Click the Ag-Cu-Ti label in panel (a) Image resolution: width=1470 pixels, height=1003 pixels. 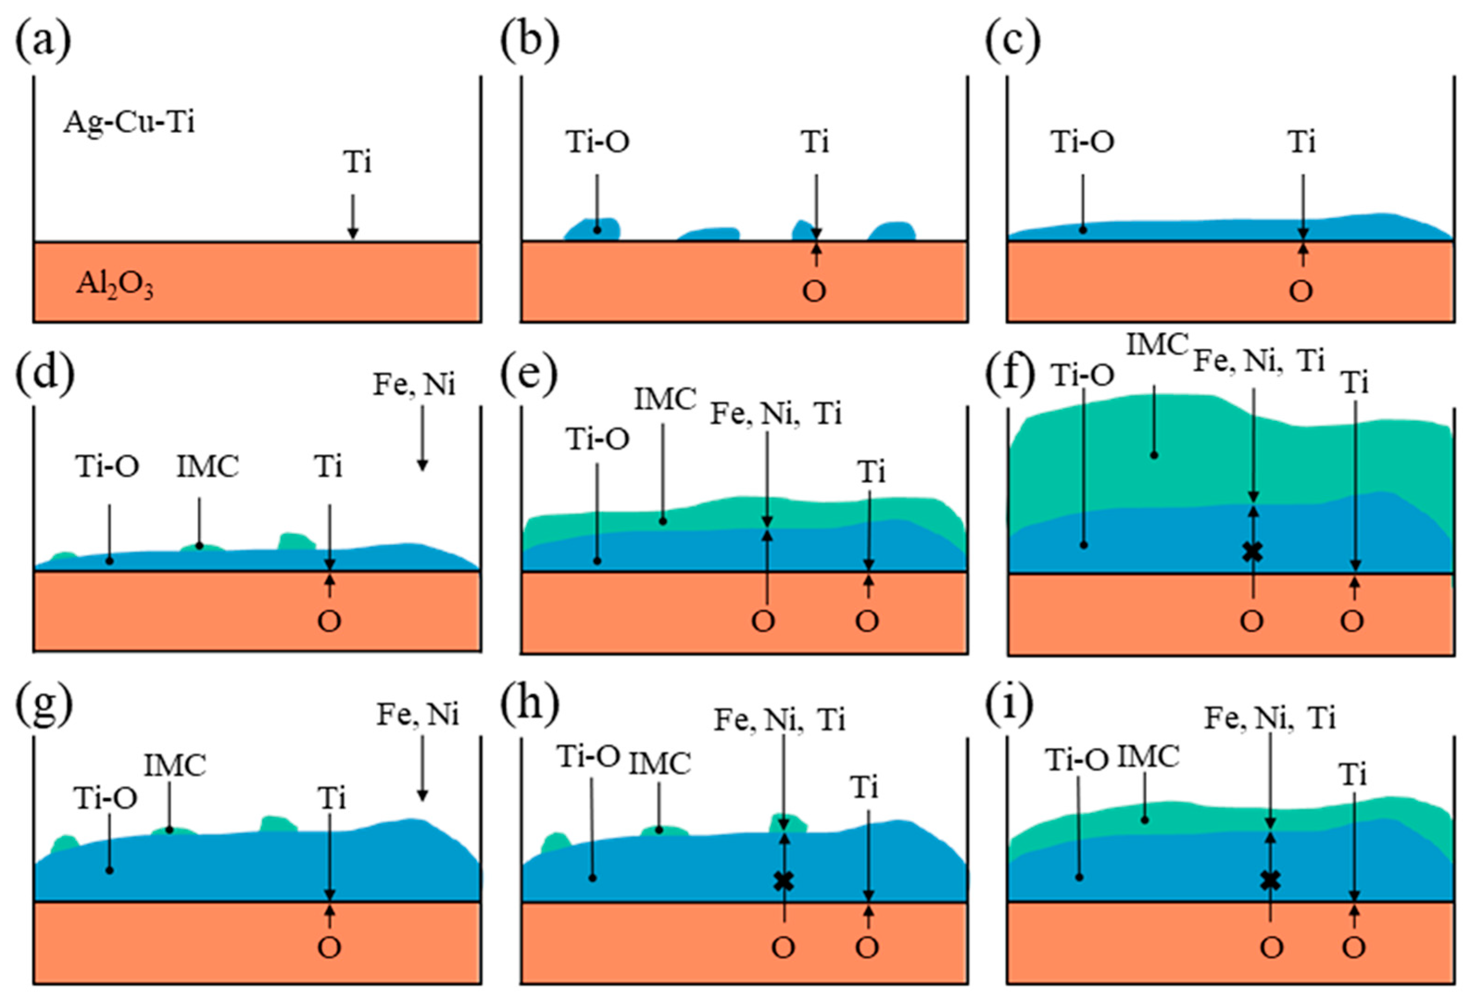pyautogui.click(x=129, y=121)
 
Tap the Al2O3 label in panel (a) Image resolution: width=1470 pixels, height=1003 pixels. pyautogui.click(x=114, y=284)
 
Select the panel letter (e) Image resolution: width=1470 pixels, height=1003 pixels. pyautogui.click(x=529, y=375)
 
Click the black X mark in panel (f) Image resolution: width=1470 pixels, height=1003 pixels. pyautogui.click(x=1253, y=552)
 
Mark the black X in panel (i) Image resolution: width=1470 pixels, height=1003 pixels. pyautogui.click(x=1271, y=880)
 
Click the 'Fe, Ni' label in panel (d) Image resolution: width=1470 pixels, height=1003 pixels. pyautogui.click(x=414, y=384)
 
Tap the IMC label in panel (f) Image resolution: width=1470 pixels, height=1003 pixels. pyautogui.click(x=1157, y=345)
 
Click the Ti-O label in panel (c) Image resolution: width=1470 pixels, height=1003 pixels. pyautogui.click(x=1082, y=142)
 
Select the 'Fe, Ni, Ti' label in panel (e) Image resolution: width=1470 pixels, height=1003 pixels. pyautogui.click(x=776, y=414)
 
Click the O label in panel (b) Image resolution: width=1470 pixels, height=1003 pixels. pyautogui.click(x=814, y=292)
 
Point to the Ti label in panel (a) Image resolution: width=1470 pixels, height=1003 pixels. pyautogui.click(x=357, y=163)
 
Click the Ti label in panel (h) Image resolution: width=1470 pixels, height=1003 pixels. pyautogui.click(x=865, y=788)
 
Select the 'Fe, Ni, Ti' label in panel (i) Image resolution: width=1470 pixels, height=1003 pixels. pyautogui.click(x=1270, y=718)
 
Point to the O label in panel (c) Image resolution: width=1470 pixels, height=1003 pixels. pyautogui.click(x=1301, y=292)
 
